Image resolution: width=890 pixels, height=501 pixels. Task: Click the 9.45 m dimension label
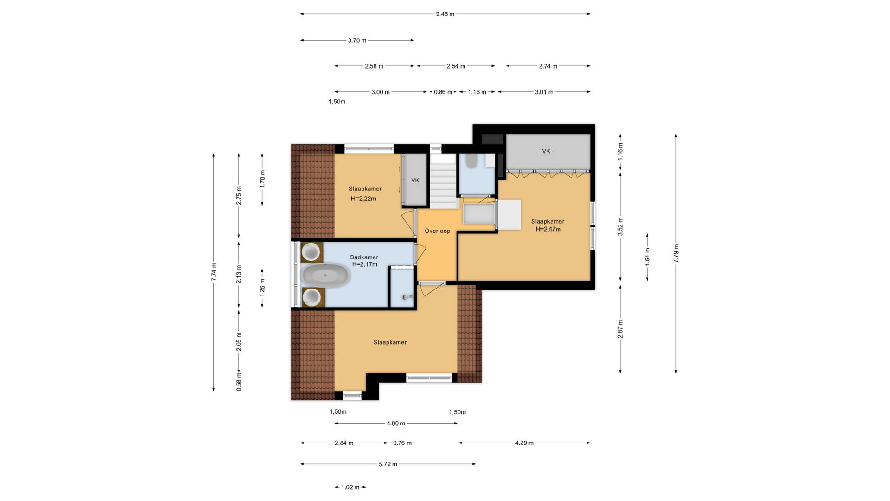[445, 14]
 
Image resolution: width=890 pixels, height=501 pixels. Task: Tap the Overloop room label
[438, 231]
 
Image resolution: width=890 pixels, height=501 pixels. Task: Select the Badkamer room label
[364, 257]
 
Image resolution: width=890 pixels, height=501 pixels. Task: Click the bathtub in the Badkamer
[325, 275]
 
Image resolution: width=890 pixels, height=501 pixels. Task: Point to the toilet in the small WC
[471, 161]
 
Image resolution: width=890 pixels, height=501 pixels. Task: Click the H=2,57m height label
[548, 230]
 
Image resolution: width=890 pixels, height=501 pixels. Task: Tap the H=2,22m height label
[363, 199]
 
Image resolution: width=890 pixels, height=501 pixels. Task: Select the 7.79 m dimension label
[676, 253]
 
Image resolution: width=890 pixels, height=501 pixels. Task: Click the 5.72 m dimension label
[388, 464]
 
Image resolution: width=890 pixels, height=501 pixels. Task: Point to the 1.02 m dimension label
[350, 488]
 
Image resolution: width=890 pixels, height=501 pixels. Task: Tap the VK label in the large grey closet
[546, 151]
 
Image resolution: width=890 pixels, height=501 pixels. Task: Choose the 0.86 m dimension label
[443, 92]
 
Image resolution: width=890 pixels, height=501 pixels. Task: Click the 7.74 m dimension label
[214, 272]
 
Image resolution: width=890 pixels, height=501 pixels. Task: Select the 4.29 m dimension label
[524, 443]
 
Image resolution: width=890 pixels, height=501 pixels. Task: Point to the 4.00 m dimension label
[396, 424]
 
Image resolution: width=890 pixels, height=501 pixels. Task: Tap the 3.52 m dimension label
[620, 227]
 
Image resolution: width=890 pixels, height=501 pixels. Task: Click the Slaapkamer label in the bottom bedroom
[390, 343]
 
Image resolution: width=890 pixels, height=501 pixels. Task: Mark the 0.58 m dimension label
[239, 382]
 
